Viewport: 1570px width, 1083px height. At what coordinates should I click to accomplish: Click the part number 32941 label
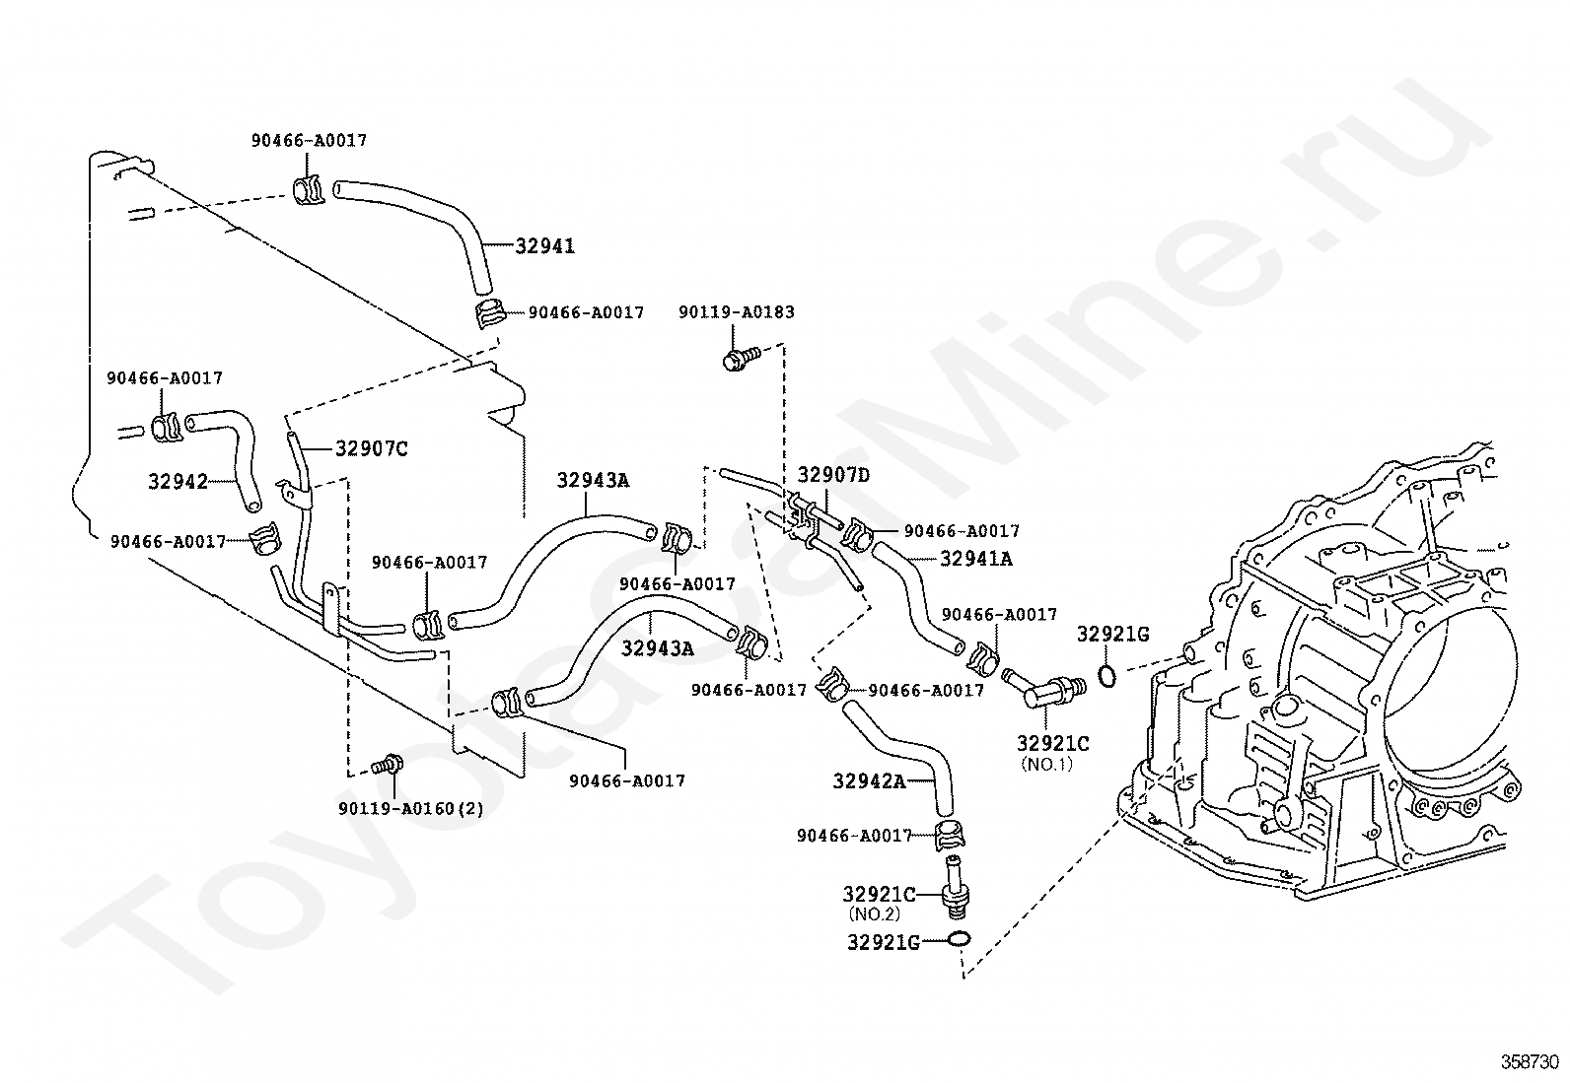click(x=544, y=246)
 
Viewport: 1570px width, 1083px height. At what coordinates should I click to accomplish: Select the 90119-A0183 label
click(x=736, y=312)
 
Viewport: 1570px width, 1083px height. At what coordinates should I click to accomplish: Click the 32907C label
click(x=371, y=449)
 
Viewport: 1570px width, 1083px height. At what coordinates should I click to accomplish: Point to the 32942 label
click(x=178, y=482)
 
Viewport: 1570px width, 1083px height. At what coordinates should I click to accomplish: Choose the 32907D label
click(x=833, y=475)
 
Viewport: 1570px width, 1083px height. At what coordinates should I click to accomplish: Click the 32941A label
click(x=975, y=559)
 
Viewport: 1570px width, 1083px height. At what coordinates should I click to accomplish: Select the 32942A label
click(x=869, y=781)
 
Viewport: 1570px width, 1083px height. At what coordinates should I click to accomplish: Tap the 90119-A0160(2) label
click(x=411, y=809)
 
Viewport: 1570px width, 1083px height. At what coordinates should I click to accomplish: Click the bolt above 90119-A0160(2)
click(x=388, y=764)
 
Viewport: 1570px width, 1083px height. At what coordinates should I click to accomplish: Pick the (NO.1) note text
click(x=1046, y=764)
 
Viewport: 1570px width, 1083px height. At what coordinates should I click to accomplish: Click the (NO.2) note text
click(x=875, y=914)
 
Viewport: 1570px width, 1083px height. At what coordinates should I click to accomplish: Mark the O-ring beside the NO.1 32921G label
click(x=1107, y=676)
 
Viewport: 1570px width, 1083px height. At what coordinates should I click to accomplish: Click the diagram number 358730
click(x=1530, y=1062)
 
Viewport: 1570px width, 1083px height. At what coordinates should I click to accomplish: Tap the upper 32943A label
click(x=593, y=481)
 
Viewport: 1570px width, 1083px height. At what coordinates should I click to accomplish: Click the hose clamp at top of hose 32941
click(x=309, y=189)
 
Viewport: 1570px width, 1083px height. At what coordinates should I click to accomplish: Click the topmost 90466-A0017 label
click(x=309, y=141)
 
